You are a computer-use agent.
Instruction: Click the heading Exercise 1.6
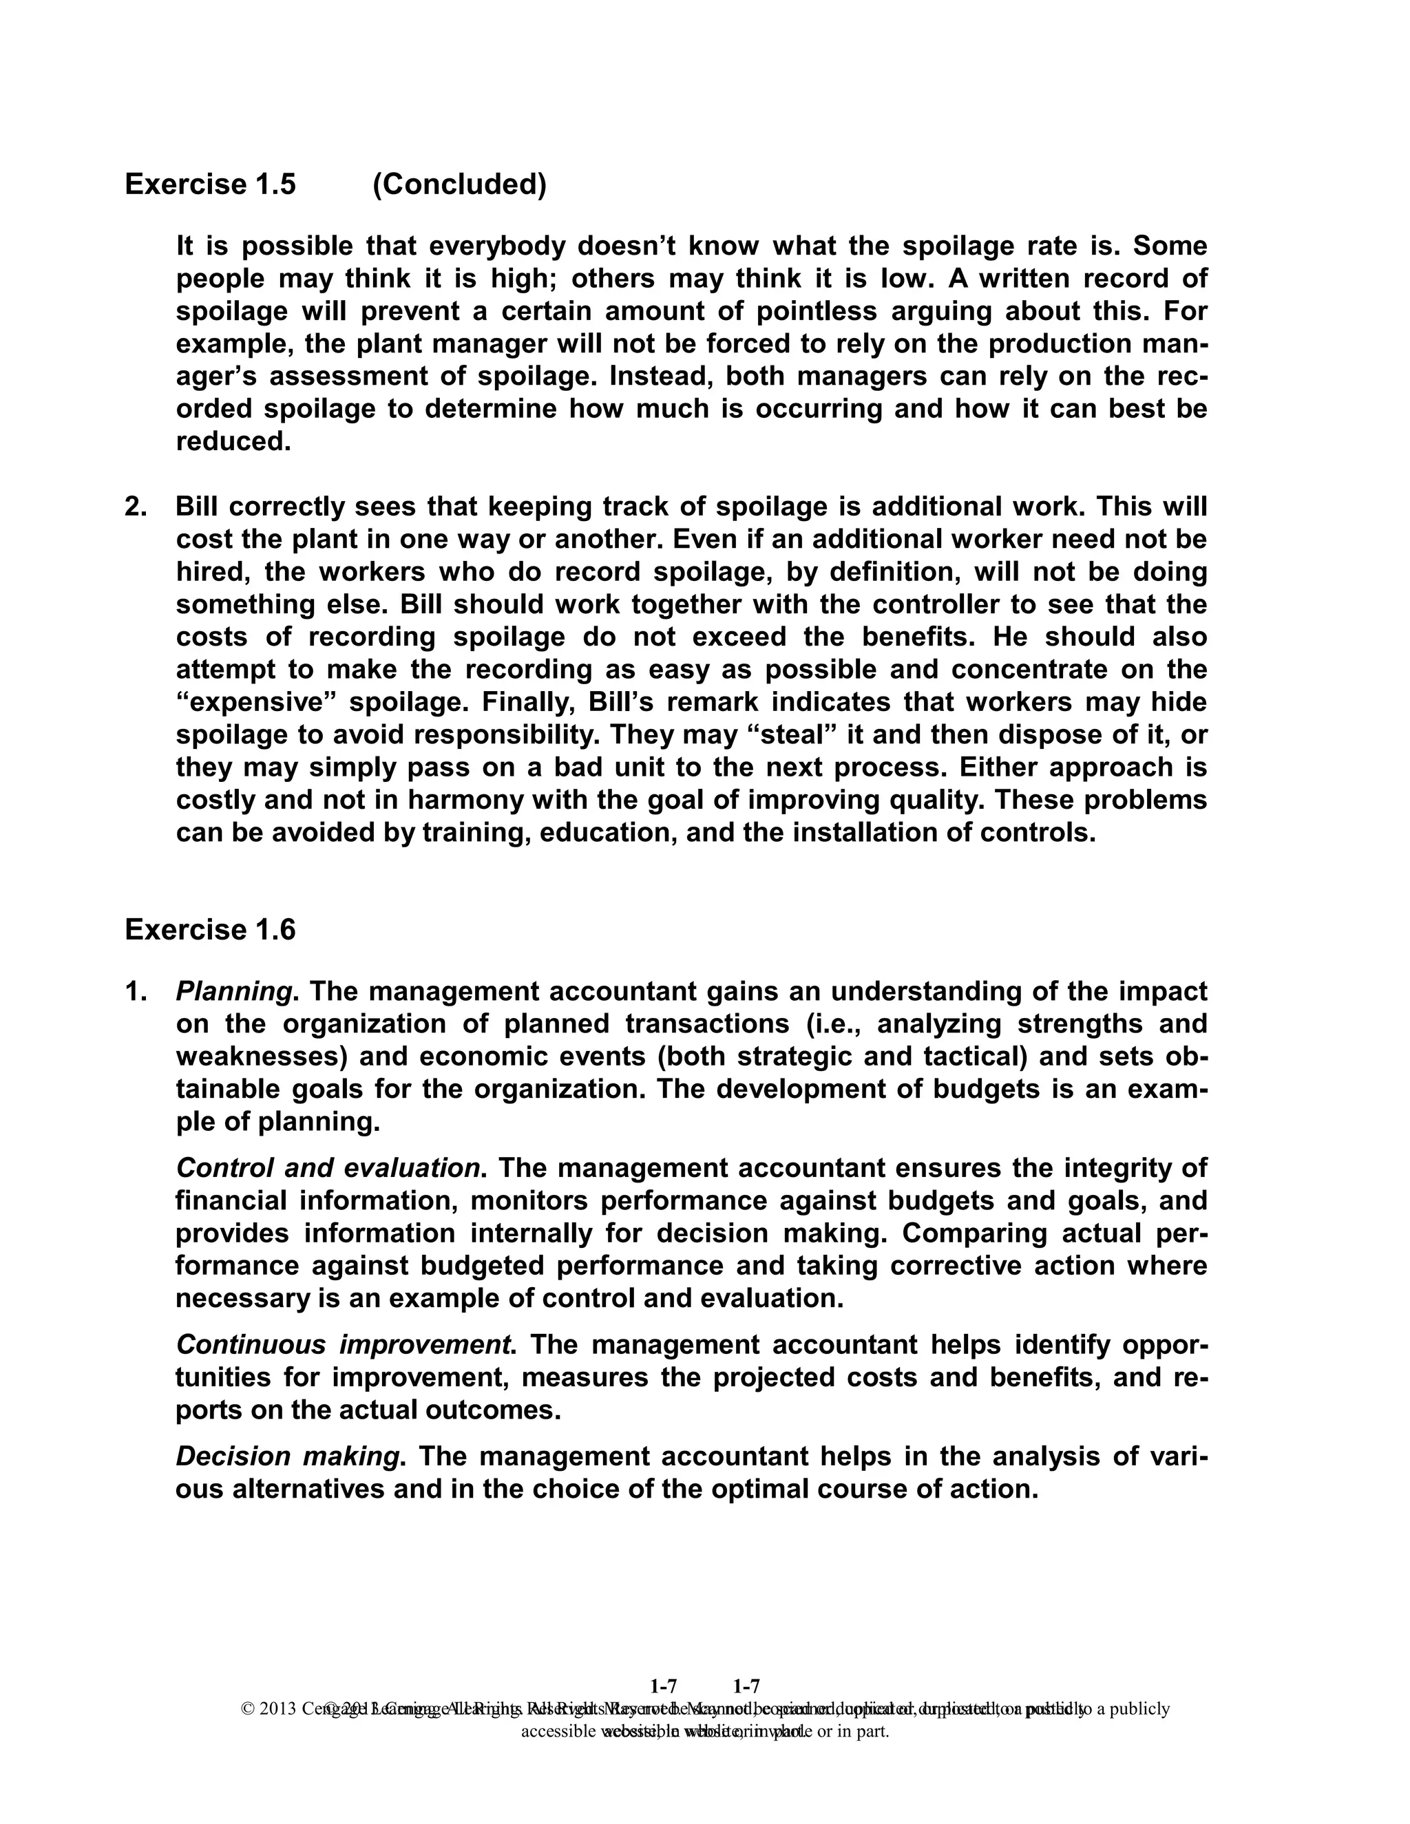tap(210, 929)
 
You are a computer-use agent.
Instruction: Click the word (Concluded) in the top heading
tap(459, 184)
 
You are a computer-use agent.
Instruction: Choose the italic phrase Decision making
tap(287, 1456)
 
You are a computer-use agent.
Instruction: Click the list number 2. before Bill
tap(136, 506)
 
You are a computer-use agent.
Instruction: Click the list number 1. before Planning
tap(136, 991)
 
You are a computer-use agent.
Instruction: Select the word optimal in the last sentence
tap(777, 1489)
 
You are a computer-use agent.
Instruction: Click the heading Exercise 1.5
tap(210, 184)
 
